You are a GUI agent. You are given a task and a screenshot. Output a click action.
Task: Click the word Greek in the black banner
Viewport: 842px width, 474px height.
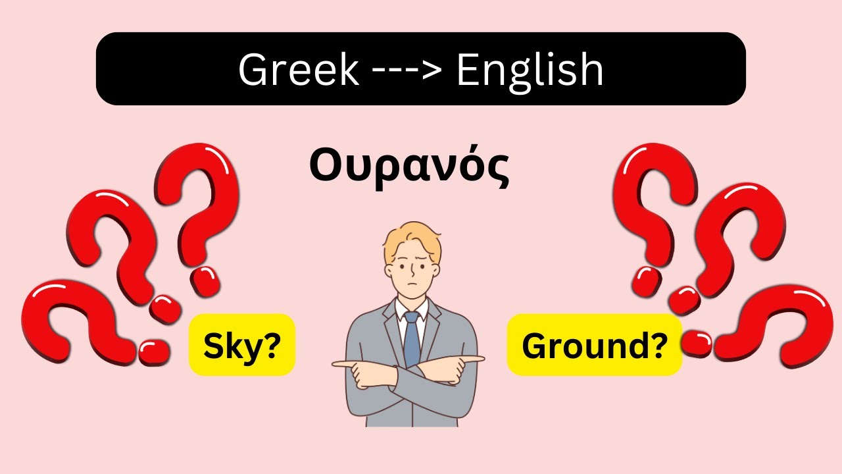point(299,69)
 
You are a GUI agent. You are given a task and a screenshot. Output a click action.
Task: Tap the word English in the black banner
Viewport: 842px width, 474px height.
point(530,69)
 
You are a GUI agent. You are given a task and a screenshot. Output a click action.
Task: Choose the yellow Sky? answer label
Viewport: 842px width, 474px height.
point(241,345)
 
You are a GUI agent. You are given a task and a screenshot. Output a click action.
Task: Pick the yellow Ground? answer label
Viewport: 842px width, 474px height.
point(593,345)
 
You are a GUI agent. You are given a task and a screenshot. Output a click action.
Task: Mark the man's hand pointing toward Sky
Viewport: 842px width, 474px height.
point(345,364)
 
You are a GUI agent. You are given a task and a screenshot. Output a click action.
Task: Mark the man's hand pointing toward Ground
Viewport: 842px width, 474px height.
point(472,359)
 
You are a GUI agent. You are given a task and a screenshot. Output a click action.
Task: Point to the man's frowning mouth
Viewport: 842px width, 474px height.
point(411,285)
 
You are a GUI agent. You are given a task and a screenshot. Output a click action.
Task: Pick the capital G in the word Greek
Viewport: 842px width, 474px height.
point(253,69)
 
